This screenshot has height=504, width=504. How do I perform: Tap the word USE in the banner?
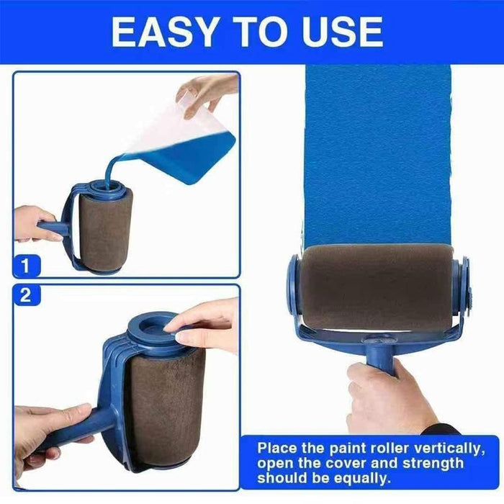342,32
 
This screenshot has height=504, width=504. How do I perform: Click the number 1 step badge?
27,266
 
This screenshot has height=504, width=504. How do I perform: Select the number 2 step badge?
27,295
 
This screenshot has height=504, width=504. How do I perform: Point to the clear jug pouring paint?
180,141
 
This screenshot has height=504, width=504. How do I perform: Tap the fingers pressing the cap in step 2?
202,325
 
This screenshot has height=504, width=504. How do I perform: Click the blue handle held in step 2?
77,428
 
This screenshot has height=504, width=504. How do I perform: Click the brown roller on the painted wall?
376,288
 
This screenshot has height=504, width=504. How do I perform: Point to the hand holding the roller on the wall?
389,399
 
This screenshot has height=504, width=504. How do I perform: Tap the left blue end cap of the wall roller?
293,284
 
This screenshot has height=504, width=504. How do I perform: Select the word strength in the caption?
433,464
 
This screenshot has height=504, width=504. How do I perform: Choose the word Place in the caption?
276,448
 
